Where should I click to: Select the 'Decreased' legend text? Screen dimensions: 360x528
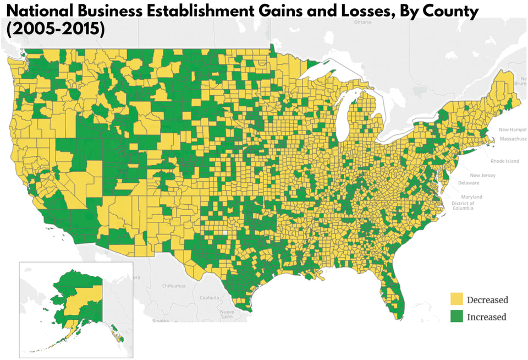click(x=487, y=300)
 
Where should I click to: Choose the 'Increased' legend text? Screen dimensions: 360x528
click(x=486, y=317)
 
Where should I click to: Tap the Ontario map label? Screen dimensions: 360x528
click(x=363, y=23)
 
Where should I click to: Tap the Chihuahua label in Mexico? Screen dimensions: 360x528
click(x=174, y=286)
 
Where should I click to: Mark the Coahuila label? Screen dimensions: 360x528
click(x=210, y=298)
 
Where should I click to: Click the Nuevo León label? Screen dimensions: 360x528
click(x=227, y=314)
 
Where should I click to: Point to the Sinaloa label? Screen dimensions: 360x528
click(x=161, y=320)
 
